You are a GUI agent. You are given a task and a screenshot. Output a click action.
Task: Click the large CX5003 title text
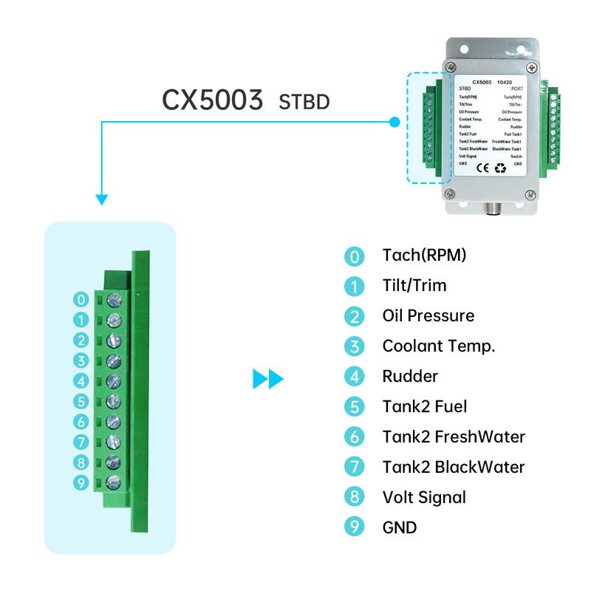[213, 100]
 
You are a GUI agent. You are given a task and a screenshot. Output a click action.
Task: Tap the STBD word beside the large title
[304, 102]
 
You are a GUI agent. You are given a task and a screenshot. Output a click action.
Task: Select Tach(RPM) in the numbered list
[424, 256]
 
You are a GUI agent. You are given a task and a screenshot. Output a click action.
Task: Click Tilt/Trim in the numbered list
[414, 286]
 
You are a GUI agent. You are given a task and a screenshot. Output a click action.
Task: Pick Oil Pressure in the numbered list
[428, 316]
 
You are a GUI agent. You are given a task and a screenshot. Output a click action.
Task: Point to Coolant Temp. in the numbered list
[438, 346]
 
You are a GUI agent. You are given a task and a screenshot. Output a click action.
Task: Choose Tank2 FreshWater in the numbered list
[453, 437]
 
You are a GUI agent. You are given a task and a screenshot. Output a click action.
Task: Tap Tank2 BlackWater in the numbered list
[453, 467]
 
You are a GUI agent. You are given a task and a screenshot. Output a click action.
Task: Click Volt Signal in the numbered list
[424, 497]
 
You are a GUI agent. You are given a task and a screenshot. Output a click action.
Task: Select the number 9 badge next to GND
[355, 528]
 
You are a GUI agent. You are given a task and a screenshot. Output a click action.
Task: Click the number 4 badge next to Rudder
[355, 377]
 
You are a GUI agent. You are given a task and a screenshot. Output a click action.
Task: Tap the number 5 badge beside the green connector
[81, 402]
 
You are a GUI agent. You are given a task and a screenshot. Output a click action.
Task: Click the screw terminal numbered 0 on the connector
[115, 300]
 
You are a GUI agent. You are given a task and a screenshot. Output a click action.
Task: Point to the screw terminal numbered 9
[115, 482]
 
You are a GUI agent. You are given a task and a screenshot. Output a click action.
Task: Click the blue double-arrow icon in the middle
[267, 380]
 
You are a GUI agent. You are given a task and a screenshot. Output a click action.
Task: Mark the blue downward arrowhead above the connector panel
[102, 199]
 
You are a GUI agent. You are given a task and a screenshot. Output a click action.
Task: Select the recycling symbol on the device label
[499, 168]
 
